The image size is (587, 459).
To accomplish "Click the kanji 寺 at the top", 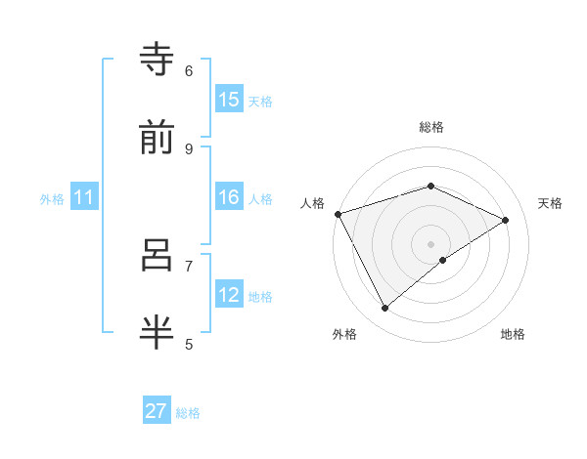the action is click(x=159, y=60).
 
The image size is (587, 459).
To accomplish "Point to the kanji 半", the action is click(x=159, y=332).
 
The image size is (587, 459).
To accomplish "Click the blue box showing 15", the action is click(x=229, y=100).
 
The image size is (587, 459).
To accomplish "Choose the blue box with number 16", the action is click(x=229, y=197).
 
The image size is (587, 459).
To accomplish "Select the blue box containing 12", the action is click(x=229, y=295).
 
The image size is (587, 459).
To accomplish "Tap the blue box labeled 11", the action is click(x=84, y=197).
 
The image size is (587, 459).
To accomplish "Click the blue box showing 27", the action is click(x=157, y=411).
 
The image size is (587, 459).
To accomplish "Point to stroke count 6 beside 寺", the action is click(x=189, y=70).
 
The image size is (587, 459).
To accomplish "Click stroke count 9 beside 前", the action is click(x=189, y=148).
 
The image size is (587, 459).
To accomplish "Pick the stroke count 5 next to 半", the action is click(x=189, y=344).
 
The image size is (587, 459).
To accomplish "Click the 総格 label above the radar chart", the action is click(x=430, y=127).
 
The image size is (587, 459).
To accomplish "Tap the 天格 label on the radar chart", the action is click(x=550, y=203).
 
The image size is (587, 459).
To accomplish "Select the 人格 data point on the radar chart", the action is click(x=338, y=214).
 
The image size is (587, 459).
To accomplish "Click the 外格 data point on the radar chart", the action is click(x=385, y=309).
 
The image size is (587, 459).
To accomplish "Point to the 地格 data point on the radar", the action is click(x=443, y=260).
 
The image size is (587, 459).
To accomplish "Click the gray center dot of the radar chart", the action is click(x=430, y=243).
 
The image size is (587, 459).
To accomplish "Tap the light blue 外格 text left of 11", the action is click(x=52, y=198).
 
